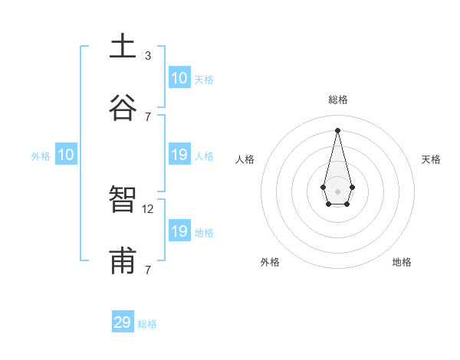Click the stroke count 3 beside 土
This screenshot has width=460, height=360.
[x=148, y=55]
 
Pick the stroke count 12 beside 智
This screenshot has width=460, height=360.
[x=149, y=208]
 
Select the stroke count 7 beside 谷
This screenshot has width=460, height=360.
[x=148, y=116]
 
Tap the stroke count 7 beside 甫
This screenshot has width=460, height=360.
[x=148, y=270]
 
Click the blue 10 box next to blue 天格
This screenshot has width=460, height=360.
[x=179, y=78]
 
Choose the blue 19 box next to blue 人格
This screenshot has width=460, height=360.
[x=179, y=155]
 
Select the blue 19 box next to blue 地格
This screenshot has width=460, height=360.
[x=179, y=231]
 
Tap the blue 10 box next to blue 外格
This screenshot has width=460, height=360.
[x=66, y=155]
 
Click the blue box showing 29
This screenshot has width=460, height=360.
[x=123, y=322]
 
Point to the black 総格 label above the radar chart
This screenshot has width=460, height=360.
[x=338, y=100]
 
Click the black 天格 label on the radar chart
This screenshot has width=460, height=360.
[x=431, y=159]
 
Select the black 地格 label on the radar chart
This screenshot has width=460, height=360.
[x=402, y=262]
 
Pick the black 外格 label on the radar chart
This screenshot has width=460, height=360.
[x=270, y=262]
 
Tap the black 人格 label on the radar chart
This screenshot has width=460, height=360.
[x=245, y=159]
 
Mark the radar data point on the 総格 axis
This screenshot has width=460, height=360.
[x=337, y=129]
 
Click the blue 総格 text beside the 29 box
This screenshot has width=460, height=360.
[x=147, y=324]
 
